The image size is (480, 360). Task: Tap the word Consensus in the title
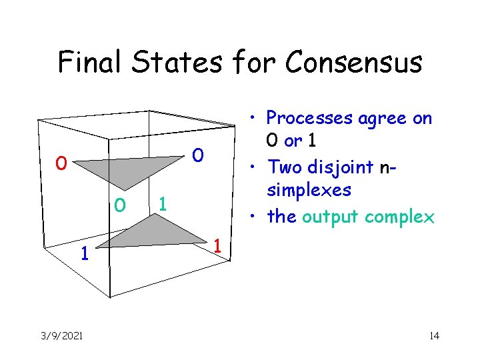[353, 62]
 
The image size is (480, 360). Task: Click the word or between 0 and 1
[293, 142]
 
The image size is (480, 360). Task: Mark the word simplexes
[309, 191]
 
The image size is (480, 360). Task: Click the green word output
[333, 216]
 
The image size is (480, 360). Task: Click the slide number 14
[433, 335]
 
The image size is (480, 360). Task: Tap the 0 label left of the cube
[61, 163]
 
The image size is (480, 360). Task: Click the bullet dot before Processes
[257, 118]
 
